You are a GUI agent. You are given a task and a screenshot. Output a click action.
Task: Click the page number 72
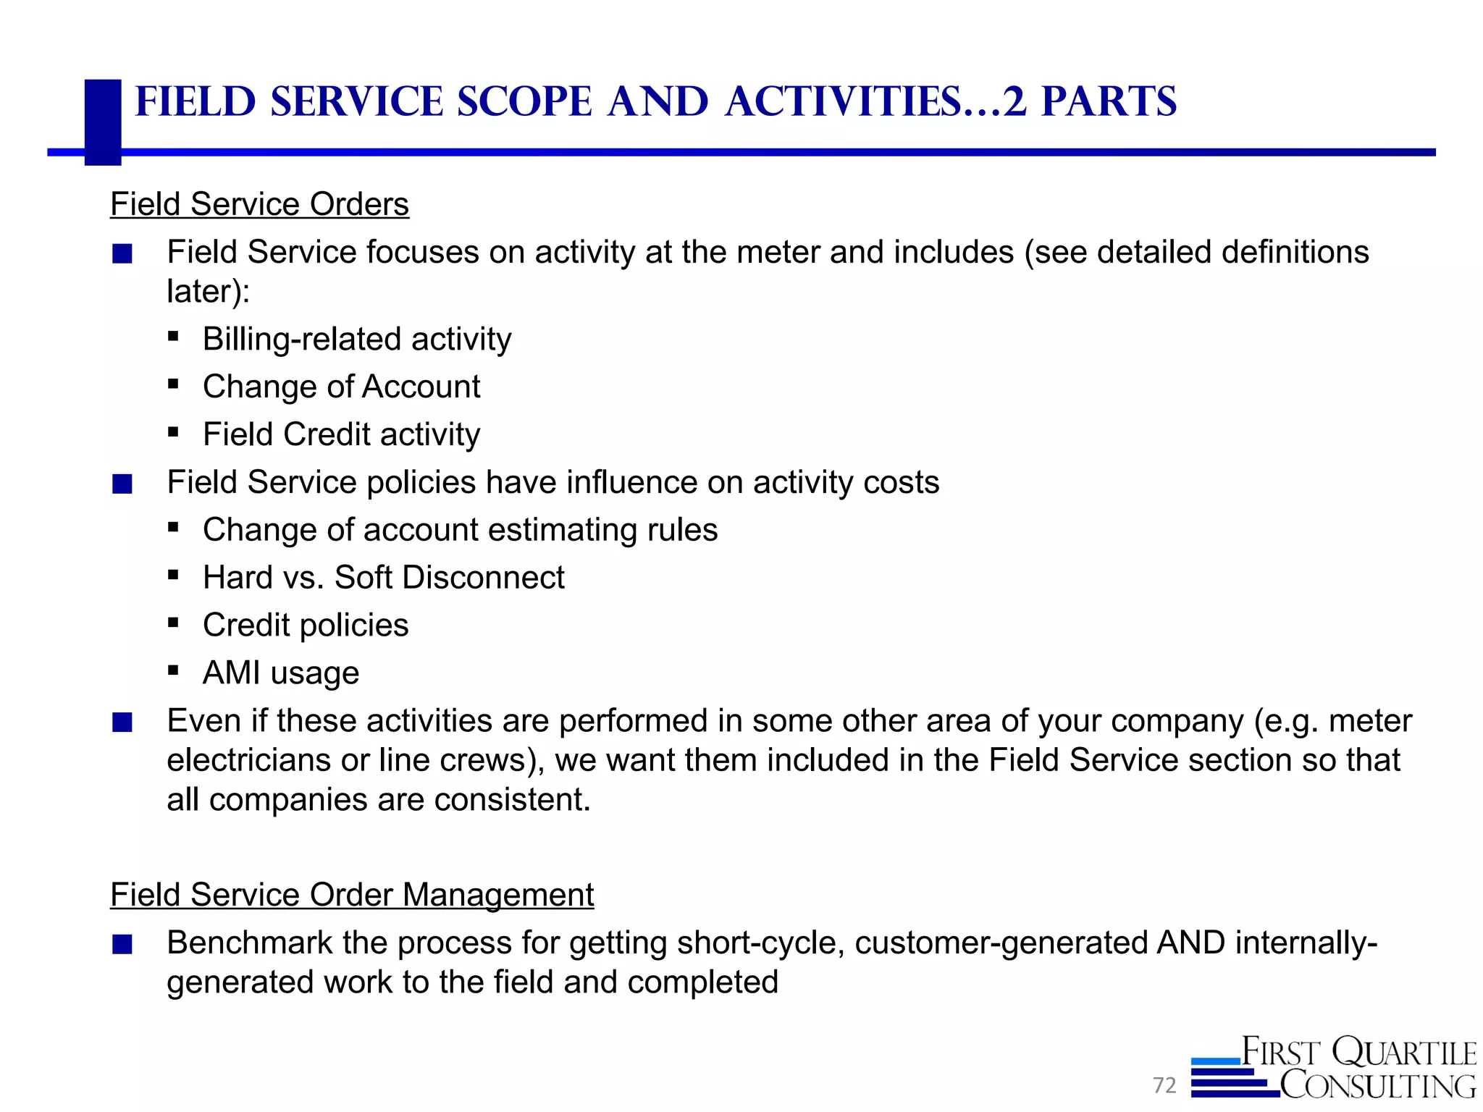coord(1164,1085)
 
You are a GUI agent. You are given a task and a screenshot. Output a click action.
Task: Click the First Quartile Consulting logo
coord(1334,1068)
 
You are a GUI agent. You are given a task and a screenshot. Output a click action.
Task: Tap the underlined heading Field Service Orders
coord(259,204)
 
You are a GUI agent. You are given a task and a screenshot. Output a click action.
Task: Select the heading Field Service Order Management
coord(352,895)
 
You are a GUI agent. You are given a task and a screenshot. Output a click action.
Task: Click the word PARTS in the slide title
coord(1109,101)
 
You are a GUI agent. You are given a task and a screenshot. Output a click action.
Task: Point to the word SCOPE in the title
coord(525,101)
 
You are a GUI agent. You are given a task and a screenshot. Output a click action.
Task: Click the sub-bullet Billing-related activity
coord(357,339)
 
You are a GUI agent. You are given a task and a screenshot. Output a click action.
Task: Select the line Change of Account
coord(341,387)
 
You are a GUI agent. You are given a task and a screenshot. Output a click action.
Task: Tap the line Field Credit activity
coord(341,434)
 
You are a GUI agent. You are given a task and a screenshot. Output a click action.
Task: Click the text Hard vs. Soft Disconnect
coord(383,578)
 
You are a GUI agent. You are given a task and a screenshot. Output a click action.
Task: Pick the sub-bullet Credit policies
coord(306,625)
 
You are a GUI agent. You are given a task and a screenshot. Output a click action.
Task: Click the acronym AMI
coord(232,673)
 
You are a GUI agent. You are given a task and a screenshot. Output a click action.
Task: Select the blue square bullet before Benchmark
coord(122,945)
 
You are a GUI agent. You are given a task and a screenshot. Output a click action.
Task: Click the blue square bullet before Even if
coord(122,723)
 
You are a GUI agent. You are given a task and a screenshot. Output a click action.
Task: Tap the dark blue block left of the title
coord(103,122)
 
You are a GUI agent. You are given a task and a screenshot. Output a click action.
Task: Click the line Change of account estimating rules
coord(460,530)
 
